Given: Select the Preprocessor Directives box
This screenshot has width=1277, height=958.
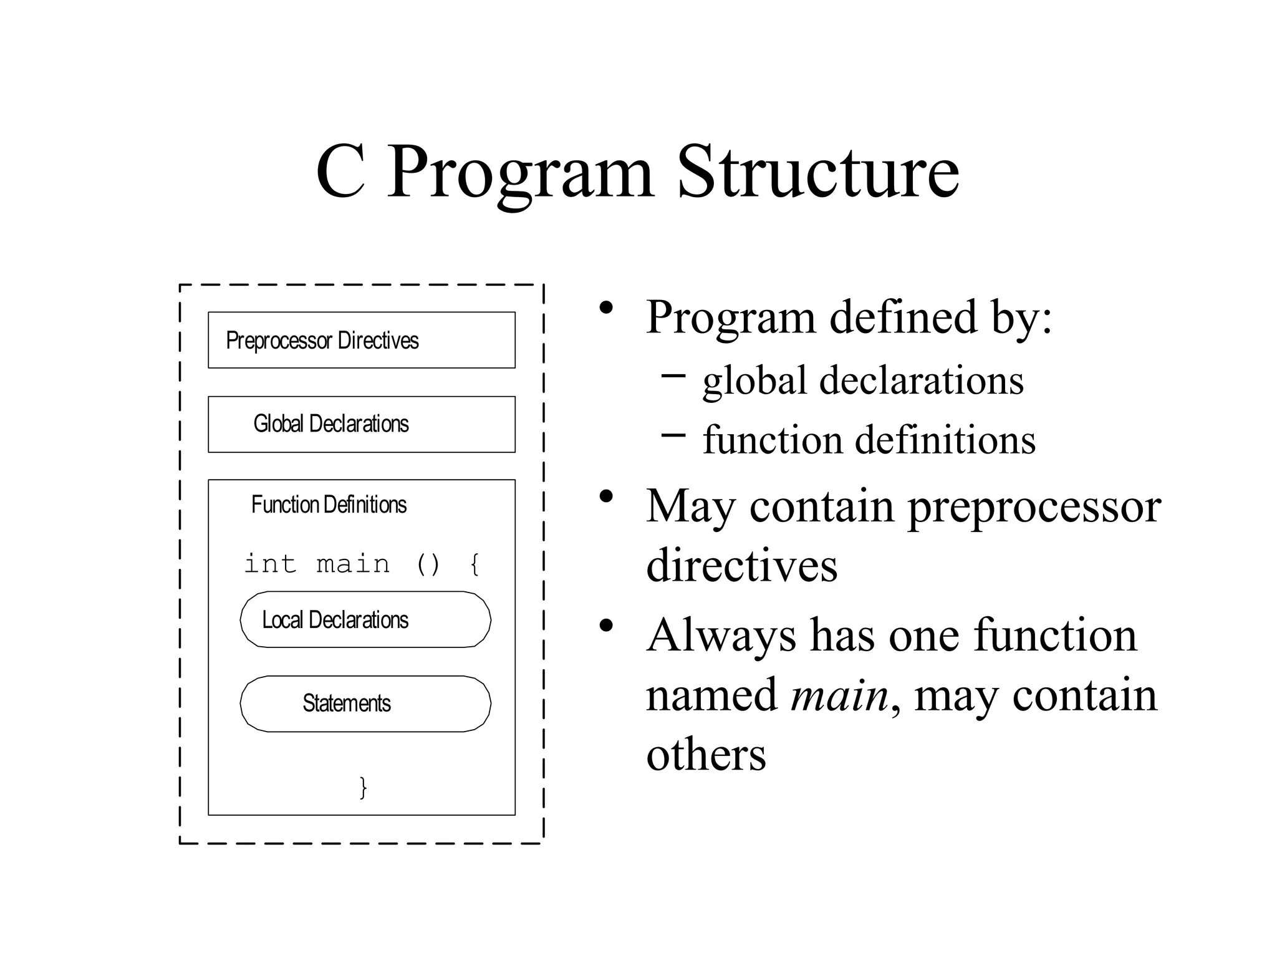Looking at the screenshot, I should (x=362, y=340).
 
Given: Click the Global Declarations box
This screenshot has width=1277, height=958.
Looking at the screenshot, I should (x=362, y=424).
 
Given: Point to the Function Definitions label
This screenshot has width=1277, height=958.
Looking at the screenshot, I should (x=329, y=505).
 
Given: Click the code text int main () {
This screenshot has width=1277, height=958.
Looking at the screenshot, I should (x=362, y=564).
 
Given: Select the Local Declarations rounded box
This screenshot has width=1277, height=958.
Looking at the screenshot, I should (x=365, y=620).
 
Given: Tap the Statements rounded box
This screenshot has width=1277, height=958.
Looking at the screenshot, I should (x=365, y=704).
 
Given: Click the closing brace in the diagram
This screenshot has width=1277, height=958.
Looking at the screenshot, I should (x=363, y=787).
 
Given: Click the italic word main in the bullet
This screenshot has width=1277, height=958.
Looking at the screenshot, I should (x=839, y=695).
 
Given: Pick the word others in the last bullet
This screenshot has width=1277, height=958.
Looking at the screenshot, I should (x=706, y=755).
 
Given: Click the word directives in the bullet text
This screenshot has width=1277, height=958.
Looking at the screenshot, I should (x=741, y=566).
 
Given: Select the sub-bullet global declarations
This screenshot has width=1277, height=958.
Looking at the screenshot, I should (x=863, y=380).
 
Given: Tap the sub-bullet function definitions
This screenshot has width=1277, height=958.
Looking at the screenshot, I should (x=869, y=440).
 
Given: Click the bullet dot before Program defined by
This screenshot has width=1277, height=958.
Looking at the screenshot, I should (x=605, y=308).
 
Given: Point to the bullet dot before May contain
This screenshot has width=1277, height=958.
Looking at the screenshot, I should (x=605, y=497).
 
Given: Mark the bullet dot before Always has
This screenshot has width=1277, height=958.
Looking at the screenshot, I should (x=605, y=626).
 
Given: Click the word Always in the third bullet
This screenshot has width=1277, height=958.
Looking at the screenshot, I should (x=721, y=636).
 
